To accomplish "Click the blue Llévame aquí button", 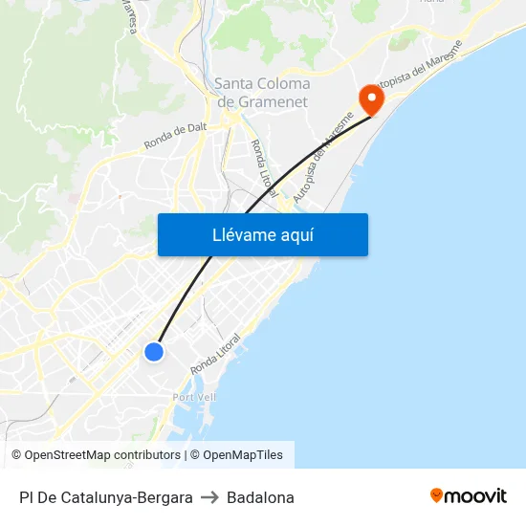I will [262, 234].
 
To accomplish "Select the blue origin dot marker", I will [154, 352].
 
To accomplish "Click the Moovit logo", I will [468, 496].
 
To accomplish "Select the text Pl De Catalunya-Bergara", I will [106, 497].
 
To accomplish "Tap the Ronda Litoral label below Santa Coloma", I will [263, 167].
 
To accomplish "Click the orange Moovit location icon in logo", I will [437, 495].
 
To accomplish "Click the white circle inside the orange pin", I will [369, 96].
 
